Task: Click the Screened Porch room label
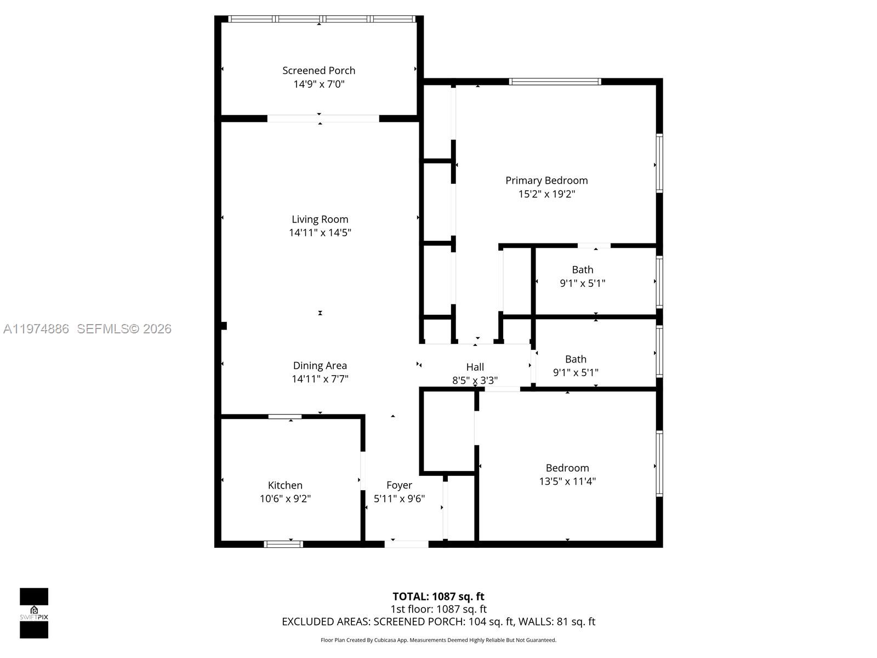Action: pyautogui.click(x=318, y=71)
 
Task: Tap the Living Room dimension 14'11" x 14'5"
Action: pyautogui.click(x=320, y=232)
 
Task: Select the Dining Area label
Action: pyautogui.click(x=320, y=366)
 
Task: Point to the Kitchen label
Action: pyautogui.click(x=285, y=485)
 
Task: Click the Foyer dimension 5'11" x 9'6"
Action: pyautogui.click(x=399, y=498)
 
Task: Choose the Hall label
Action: pyautogui.click(x=475, y=367)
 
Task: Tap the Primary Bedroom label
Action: pyautogui.click(x=546, y=180)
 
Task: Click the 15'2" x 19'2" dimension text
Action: pyautogui.click(x=546, y=194)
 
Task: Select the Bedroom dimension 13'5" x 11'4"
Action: pyautogui.click(x=567, y=481)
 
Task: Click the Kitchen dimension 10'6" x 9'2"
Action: pyautogui.click(x=285, y=498)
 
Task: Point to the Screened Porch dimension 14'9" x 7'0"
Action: pyautogui.click(x=318, y=84)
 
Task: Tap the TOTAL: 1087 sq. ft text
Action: pyautogui.click(x=438, y=597)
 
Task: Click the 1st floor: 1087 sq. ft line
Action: pyautogui.click(x=438, y=609)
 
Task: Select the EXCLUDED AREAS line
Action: pyautogui.click(x=438, y=622)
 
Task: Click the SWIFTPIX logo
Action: pyautogui.click(x=34, y=613)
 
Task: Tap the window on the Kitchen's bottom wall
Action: pyautogui.click(x=283, y=544)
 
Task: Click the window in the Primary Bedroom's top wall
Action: pyautogui.click(x=555, y=82)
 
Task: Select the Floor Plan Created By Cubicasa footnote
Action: pyautogui.click(x=438, y=640)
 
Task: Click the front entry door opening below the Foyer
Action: pyautogui.click(x=407, y=544)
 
